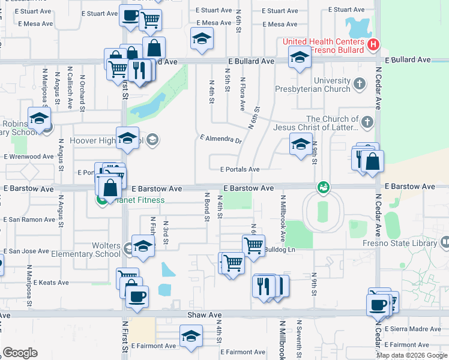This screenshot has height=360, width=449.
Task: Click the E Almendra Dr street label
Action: (x=221, y=140)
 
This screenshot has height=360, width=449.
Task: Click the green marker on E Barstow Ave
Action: (x=324, y=188)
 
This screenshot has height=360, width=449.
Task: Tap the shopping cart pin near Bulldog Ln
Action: (x=253, y=244)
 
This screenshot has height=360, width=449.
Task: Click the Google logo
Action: (x=20, y=352)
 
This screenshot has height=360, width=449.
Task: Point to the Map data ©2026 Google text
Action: (x=412, y=355)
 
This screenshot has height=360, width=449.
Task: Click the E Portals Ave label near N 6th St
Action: (x=239, y=169)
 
